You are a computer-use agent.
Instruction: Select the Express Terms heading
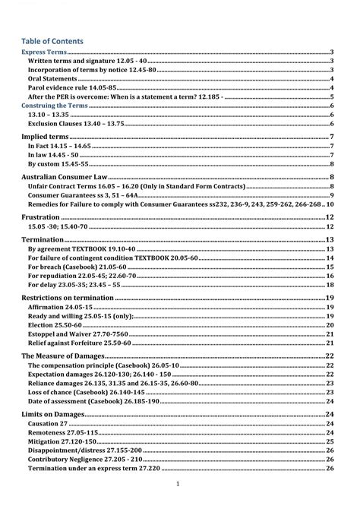point(43,51)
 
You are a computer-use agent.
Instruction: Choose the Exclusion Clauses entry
point(76,124)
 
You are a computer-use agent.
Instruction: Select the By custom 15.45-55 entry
point(58,164)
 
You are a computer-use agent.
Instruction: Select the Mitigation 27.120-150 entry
point(66,441)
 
